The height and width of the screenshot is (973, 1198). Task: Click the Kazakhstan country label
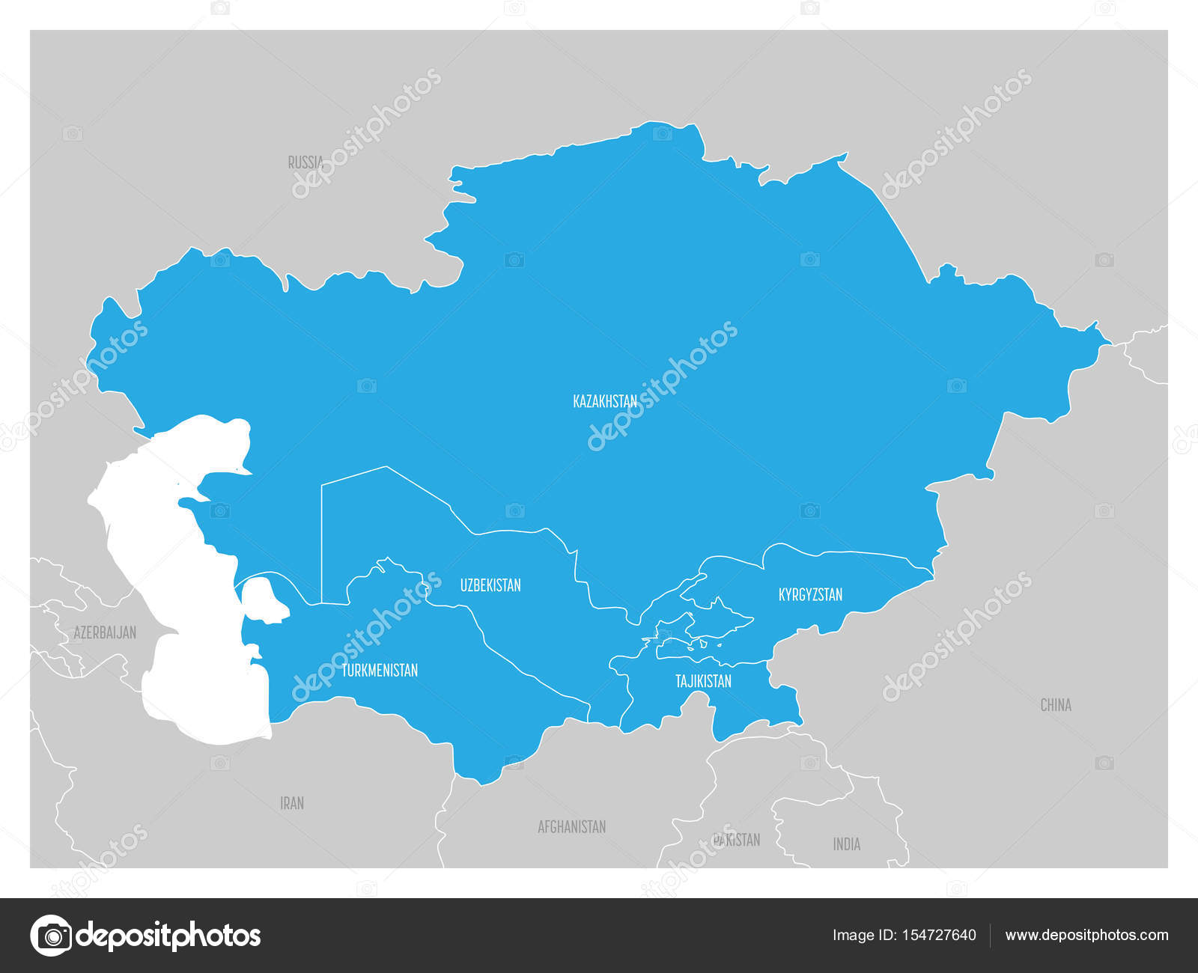tap(605, 401)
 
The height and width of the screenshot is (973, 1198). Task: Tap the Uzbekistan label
tap(490, 585)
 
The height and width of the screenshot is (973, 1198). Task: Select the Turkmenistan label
tap(380, 671)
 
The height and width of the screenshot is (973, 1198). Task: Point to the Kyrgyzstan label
tap(810, 595)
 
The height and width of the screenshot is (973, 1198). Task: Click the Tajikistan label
tap(703, 681)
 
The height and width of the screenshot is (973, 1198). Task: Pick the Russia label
tap(305, 162)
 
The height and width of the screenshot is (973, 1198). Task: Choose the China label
tap(1056, 705)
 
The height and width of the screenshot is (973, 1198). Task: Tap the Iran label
tap(292, 803)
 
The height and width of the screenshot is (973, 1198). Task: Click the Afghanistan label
tap(571, 827)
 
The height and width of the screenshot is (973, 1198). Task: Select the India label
tap(847, 844)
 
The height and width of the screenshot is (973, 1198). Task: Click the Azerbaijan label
tap(105, 633)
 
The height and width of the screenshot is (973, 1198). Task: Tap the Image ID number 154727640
tap(937, 935)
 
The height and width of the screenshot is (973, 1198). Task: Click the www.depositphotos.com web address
tap(1086, 935)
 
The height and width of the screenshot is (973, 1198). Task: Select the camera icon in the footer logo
tap(51, 936)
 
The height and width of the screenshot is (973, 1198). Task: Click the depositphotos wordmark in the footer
tap(169, 936)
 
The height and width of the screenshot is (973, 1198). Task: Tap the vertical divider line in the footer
tap(991, 936)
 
